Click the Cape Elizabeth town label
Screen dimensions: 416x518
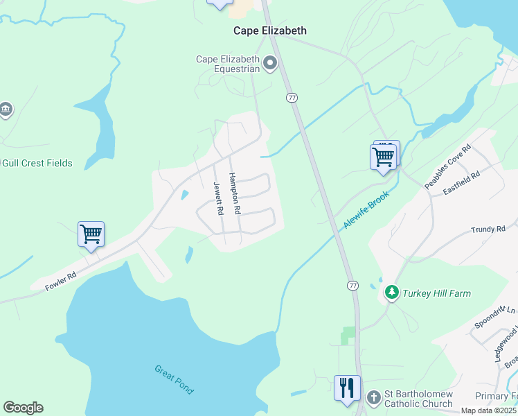[269, 31]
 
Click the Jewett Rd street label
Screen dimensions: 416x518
[219, 198]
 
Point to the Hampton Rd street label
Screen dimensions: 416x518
[235, 193]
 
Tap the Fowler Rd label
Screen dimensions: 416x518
[60, 280]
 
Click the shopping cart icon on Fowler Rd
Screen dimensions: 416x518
[91, 234]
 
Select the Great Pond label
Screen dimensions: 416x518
[174, 379]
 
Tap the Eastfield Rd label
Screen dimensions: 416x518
[462, 184]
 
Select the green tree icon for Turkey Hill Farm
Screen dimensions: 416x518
[392, 293]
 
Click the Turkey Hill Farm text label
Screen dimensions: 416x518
[438, 293]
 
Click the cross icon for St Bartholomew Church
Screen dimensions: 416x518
[374, 398]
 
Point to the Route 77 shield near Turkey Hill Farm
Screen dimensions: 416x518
[353, 286]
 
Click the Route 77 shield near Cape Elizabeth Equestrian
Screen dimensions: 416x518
[292, 98]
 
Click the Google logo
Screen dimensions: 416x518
[23, 408]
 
